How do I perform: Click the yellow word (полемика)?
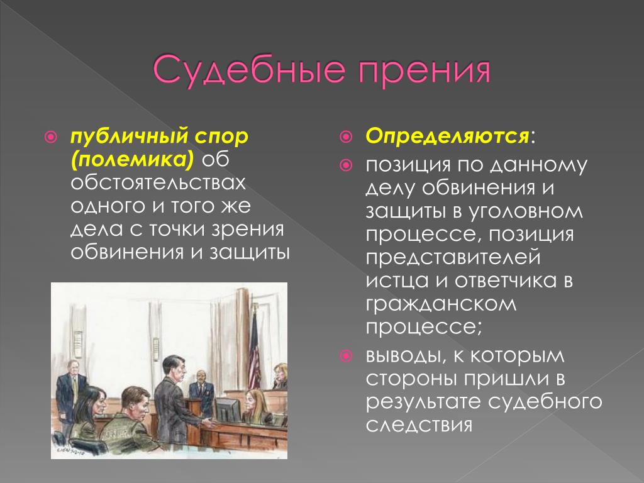point(132,159)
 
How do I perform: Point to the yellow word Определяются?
point(447,136)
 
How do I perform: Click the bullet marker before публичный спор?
point(50,136)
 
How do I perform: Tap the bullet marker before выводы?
point(347,355)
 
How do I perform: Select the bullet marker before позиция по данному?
point(347,165)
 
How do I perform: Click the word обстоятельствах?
point(158,182)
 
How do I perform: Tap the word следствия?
point(419,425)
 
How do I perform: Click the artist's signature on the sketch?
point(67,450)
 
